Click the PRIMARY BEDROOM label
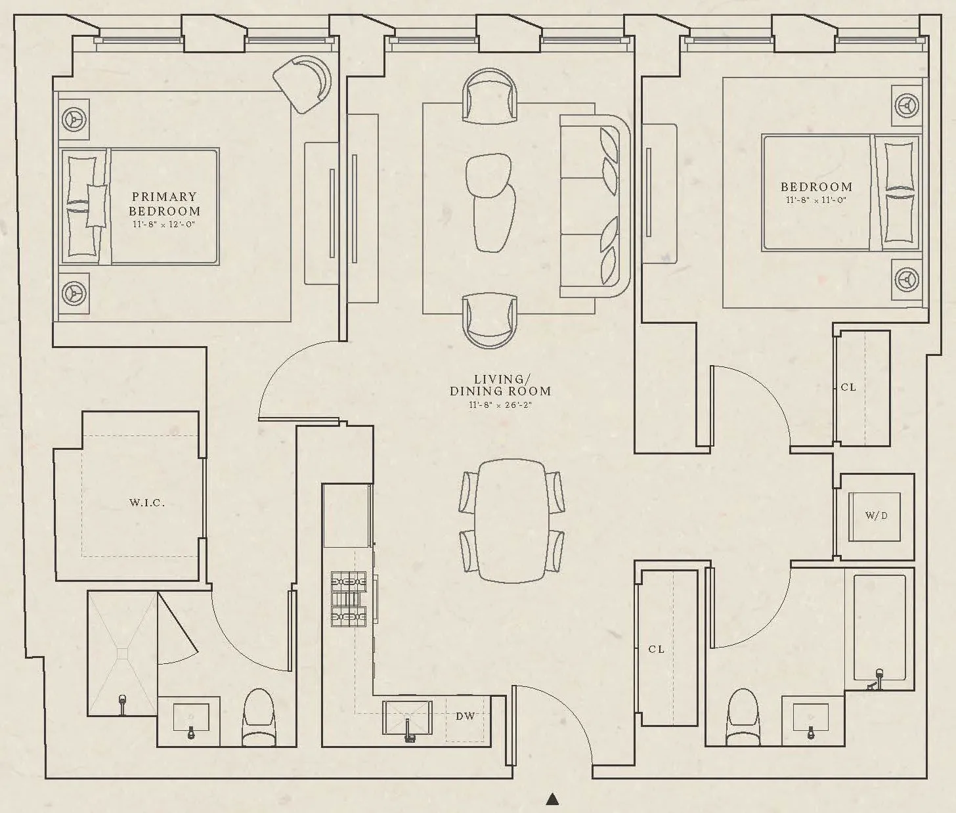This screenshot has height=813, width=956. click(164, 204)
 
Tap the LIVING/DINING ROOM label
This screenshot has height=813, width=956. click(500, 385)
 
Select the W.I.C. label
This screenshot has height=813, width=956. click(146, 503)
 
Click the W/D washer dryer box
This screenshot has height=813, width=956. click(876, 516)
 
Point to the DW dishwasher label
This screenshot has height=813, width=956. click(465, 716)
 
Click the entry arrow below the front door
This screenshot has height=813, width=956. click(553, 799)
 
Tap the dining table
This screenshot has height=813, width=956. click(511, 520)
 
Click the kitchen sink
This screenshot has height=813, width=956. click(407, 718)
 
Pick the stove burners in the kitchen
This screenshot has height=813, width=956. click(349, 598)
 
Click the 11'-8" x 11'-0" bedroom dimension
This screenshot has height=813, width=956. click(816, 200)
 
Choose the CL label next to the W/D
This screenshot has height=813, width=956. click(848, 387)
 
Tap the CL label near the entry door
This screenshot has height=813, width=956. click(656, 649)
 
